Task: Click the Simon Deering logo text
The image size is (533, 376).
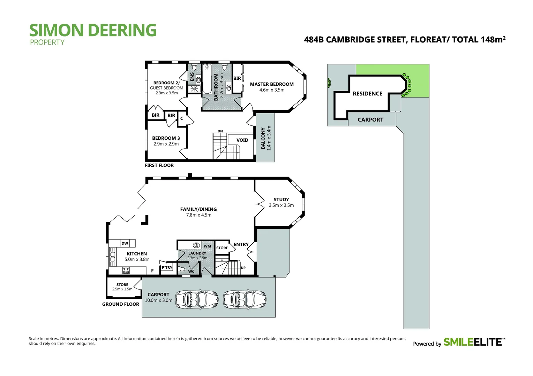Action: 93,31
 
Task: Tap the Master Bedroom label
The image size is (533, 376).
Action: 272,84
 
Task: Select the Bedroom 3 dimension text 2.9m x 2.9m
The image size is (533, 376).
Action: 166,144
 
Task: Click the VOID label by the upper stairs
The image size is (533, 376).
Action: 242,140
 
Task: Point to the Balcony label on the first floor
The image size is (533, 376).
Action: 263,138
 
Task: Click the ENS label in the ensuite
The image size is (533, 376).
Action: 192,77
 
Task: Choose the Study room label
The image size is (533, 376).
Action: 281,199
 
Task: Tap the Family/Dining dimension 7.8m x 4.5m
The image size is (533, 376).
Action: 198,215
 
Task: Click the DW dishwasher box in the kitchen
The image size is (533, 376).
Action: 125,243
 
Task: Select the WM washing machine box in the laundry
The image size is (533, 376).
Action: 208,246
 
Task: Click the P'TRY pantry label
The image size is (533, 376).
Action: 167,268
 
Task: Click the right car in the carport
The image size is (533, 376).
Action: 245,299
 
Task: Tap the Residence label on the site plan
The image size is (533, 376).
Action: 367,94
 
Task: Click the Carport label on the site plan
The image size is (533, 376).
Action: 370,120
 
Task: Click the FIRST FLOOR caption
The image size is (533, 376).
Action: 159,165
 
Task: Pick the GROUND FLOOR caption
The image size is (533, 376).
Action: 121,304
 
